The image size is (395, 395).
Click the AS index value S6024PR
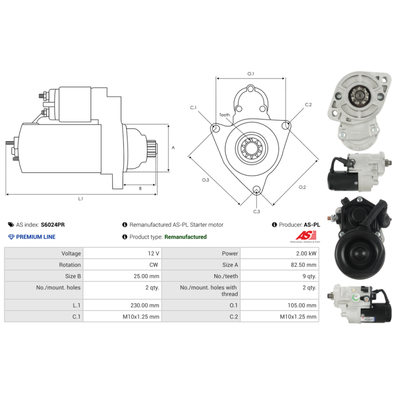coord(52,225)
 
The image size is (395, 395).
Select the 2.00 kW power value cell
coord(306,253)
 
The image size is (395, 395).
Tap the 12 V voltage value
coord(154,253)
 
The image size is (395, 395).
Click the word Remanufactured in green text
coord(185,237)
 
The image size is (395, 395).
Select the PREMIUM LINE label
coord(36,237)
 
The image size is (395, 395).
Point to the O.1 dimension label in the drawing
coord(250,74)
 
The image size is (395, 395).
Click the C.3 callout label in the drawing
coord(256,211)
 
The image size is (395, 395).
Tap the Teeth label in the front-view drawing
coord(225,115)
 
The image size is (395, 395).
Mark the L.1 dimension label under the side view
coord(80,199)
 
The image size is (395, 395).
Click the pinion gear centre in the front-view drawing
coord(251,147)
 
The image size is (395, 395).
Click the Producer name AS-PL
coord(312,225)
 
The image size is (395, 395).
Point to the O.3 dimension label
coord(205,180)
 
